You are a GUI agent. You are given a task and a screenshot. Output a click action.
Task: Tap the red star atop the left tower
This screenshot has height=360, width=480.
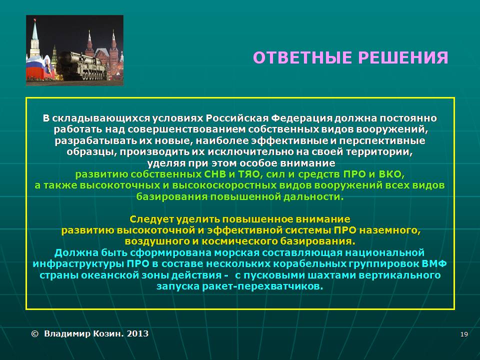(35, 20)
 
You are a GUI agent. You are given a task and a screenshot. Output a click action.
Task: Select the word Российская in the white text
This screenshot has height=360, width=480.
(237, 118)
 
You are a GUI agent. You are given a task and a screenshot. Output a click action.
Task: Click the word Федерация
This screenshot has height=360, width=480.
(302, 118)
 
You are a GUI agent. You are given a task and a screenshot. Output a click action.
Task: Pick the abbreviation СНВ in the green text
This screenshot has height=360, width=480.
(215, 174)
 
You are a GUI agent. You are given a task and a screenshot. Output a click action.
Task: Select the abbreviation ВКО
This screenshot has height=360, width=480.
(391, 174)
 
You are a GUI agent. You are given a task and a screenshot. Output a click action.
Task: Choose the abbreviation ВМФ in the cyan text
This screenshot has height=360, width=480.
(434, 263)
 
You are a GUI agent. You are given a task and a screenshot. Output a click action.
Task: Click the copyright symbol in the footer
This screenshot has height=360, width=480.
(35, 333)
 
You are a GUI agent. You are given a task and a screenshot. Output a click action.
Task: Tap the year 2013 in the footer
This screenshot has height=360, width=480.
(138, 333)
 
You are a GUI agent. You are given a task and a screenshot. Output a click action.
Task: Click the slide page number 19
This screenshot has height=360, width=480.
(464, 334)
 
